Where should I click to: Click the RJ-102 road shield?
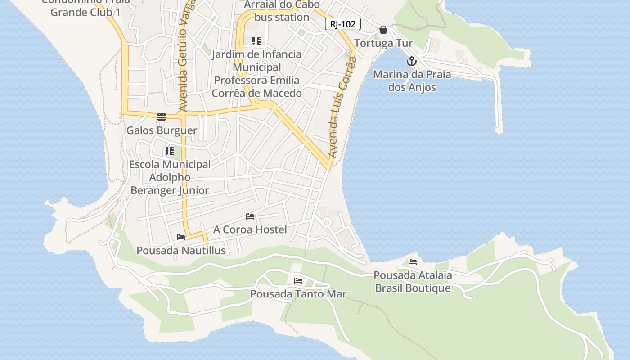click(x=343, y=24)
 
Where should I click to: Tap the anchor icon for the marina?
click(x=411, y=61)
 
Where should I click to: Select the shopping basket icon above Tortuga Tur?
click(x=383, y=30)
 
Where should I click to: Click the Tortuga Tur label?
click(x=383, y=44)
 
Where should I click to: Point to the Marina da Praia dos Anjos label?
click(x=412, y=81)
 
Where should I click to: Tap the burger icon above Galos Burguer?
click(x=162, y=117)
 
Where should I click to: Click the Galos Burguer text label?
click(x=162, y=130)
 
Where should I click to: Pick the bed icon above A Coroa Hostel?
click(x=250, y=216)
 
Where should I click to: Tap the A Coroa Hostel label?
click(x=250, y=229)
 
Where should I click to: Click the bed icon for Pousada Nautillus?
click(x=181, y=237)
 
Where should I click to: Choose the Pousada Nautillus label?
click(x=181, y=250)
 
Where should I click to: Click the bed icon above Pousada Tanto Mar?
click(x=298, y=281)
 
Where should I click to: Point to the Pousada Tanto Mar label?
click(x=298, y=294)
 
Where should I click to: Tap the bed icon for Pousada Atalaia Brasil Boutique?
click(x=413, y=262)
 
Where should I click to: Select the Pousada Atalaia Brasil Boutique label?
click(x=413, y=281)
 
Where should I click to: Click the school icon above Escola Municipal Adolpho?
click(x=170, y=151)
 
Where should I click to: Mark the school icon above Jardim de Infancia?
click(x=256, y=41)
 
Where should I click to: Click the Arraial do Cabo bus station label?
click(x=282, y=11)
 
